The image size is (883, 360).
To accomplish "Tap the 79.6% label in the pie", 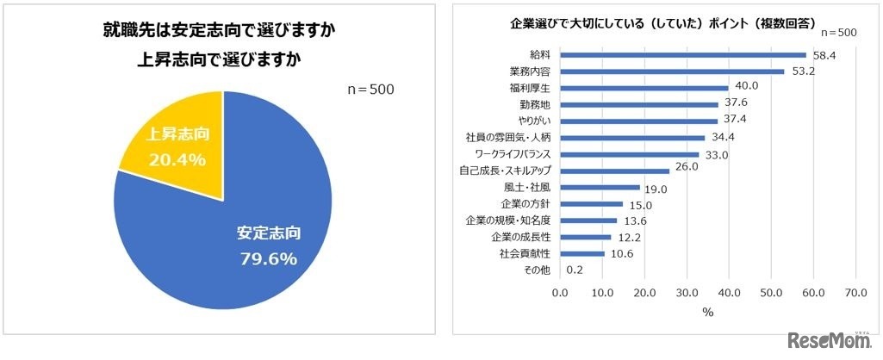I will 267,258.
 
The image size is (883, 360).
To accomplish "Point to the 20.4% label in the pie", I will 176,159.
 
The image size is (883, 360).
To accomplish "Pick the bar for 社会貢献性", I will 582,253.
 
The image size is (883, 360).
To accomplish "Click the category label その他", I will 538,270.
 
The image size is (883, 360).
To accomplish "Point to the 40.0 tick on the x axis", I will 729,292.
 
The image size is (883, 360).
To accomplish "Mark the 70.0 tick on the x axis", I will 855,292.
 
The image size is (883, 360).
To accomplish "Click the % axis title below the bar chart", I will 707,313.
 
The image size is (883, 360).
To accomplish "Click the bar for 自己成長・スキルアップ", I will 615,171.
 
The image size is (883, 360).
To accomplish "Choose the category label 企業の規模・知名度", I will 513,220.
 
